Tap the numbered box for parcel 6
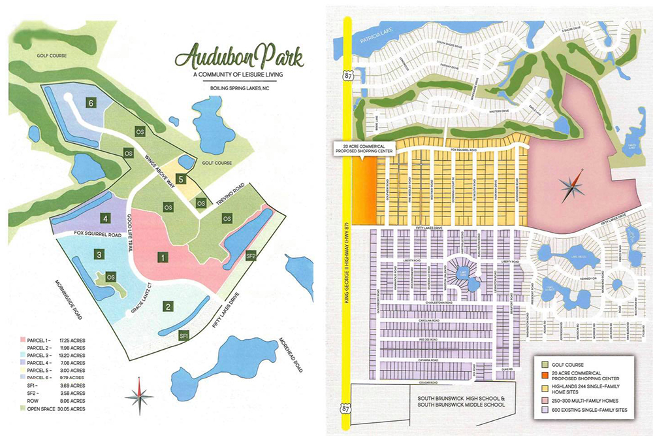click(x=92, y=103)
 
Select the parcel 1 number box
click(x=160, y=257)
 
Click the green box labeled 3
click(x=98, y=254)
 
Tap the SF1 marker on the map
click(x=183, y=335)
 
